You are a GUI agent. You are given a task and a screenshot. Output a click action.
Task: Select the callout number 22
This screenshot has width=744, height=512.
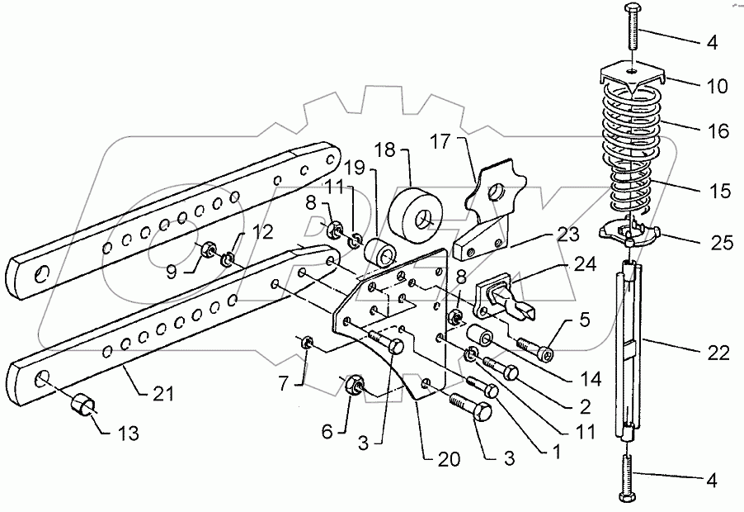pyautogui.click(x=718, y=354)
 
